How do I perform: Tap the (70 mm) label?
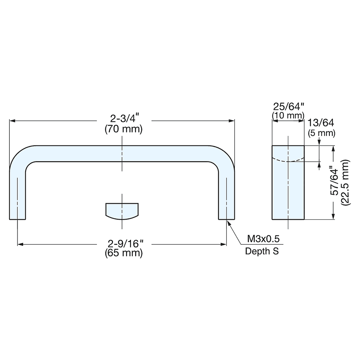tap(123, 129)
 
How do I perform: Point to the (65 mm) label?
tap(123, 253)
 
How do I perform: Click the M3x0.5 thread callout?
tap(263, 239)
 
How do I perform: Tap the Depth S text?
tap(262, 251)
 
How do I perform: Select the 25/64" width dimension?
tap(289, 107)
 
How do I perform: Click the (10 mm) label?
tap(288, 116)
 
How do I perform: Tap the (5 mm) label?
tap(321, 133)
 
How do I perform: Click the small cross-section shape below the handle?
tap(122, 210)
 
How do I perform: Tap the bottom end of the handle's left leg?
tap(18, 219)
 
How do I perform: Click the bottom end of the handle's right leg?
tap(226, 219)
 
